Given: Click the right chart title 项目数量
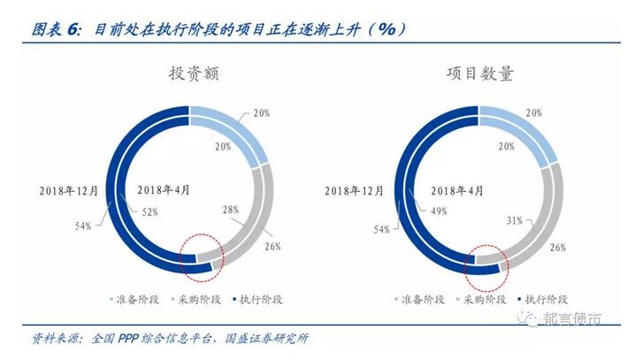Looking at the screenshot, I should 479,74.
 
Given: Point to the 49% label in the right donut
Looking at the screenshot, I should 439,211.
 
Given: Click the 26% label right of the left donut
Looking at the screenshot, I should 272,246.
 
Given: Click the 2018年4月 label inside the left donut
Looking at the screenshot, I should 164,189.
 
